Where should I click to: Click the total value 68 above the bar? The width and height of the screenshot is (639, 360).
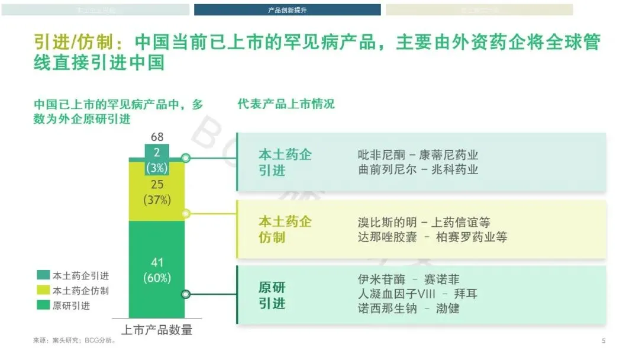(157, 137)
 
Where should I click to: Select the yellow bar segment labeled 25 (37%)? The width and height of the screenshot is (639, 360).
(157, 192)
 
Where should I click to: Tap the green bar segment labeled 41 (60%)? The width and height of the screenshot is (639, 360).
(157, 269)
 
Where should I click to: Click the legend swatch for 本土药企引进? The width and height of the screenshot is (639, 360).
(43, 276)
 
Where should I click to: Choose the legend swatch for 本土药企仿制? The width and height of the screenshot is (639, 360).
(43, 291)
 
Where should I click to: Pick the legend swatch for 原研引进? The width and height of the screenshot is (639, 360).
(43, 306)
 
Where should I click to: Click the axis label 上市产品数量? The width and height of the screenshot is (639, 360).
(157, 330)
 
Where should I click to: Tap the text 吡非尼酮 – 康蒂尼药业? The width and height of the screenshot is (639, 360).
(418, 155)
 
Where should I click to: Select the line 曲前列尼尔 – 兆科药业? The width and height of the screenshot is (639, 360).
(418, 170)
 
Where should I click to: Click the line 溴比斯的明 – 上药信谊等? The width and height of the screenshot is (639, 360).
(424, 223)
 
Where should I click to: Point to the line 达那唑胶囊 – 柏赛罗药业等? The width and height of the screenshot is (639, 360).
(432, 237)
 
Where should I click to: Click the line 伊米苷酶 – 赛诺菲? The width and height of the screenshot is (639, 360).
(408, 279)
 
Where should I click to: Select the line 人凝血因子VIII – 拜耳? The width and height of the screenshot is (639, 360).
(417, 294)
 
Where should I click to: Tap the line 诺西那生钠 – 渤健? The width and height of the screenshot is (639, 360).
(408, 308)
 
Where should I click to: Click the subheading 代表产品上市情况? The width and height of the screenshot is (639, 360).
(286, 104)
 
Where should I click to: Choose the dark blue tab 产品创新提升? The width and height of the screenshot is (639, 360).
(287, 10)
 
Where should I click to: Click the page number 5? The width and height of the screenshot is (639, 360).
(603, 340)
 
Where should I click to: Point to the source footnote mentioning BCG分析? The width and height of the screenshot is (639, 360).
(75, 341)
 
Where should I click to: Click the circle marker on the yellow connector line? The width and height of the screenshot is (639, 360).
(186, 214)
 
